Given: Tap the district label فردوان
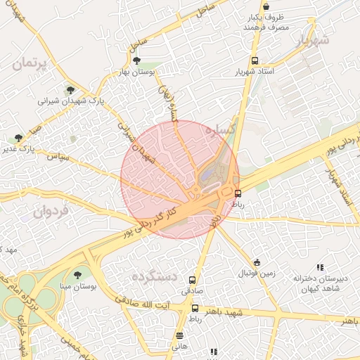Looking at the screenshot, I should tap(53, 210).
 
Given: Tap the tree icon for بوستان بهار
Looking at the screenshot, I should tap(136, 61).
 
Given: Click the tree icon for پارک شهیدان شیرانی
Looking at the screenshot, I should tap(70, 90).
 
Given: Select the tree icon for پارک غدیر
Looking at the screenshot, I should tap(18, 138).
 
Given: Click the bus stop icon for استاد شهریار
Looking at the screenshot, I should tap(255, 60).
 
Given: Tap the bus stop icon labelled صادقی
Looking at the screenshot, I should tap(193, 279).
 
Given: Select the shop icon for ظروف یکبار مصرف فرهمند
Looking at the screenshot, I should tap(265, 6).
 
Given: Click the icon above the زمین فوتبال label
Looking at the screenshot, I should tap(257, 262).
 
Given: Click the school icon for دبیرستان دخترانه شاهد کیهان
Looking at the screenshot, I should tap(320, 267).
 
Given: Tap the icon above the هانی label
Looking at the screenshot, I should tap(180, 335).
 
